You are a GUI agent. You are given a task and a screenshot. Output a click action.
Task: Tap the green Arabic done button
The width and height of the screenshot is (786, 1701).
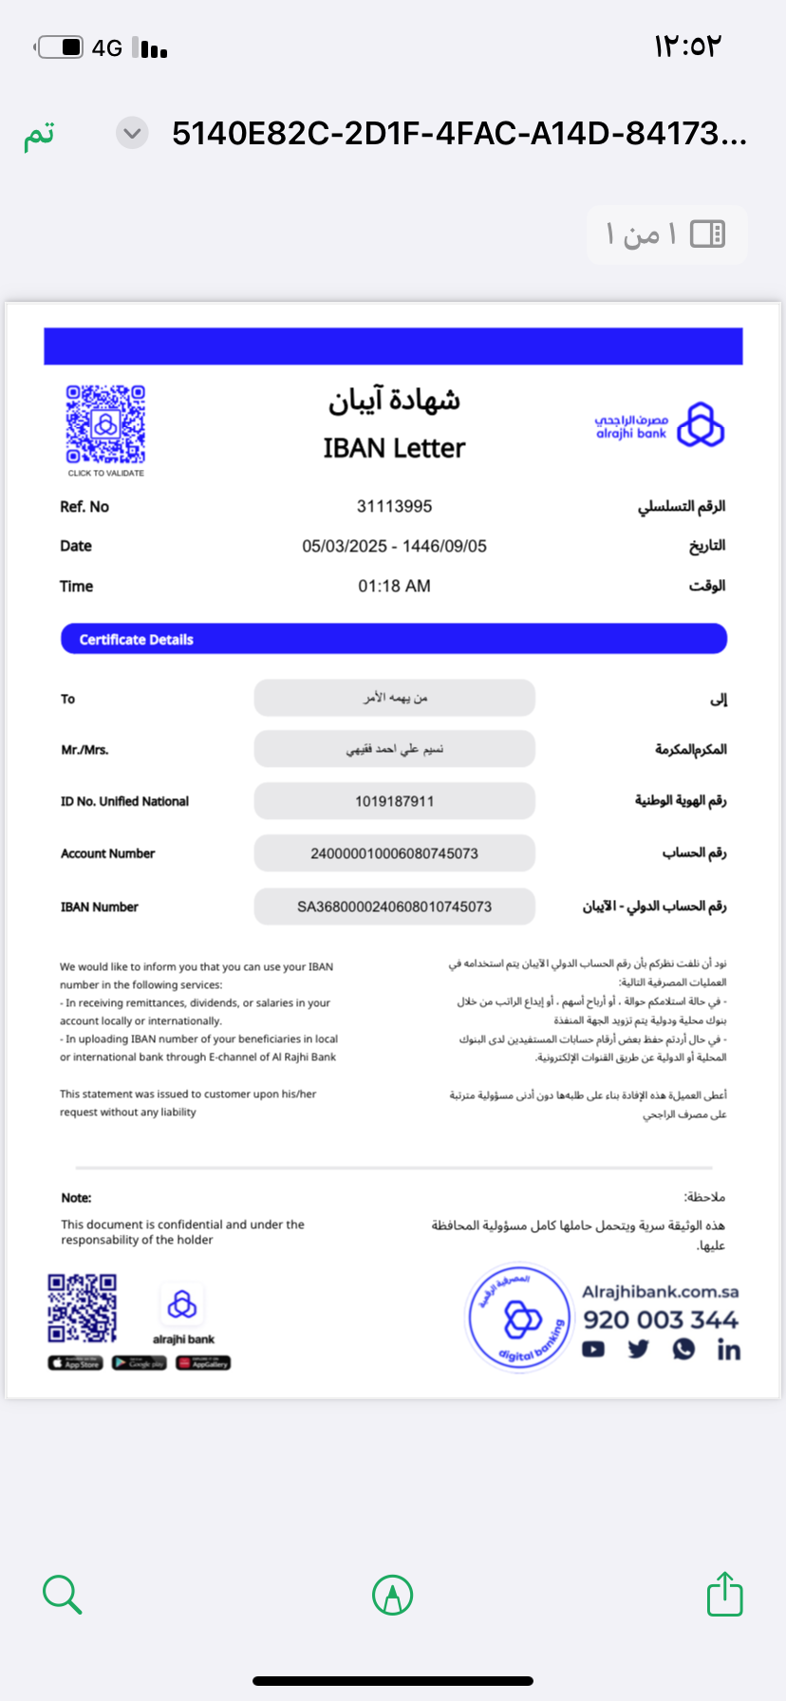point(39,134)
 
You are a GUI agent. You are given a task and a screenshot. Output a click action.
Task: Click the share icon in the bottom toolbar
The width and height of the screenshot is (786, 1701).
point(724,1594)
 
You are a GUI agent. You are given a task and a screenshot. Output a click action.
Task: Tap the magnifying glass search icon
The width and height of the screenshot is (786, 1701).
point(63,1594)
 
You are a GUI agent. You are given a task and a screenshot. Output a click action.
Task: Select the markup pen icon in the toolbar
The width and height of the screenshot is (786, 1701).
point(392,1595)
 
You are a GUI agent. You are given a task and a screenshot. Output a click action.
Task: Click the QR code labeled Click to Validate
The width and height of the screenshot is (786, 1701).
point(105,424)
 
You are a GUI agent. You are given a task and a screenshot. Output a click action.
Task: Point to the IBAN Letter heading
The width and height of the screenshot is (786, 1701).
point(394,448)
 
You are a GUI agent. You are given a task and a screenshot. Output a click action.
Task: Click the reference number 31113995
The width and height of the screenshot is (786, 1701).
point(394,507)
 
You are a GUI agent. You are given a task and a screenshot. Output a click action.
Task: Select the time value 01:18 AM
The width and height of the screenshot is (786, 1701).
point(394,587)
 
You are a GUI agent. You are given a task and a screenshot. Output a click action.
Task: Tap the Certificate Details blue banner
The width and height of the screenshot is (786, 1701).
point(394,639)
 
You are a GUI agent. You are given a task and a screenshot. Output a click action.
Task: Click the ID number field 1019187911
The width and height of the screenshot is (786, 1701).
point(394,801)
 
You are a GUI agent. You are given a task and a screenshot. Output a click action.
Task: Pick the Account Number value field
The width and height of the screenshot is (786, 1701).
point(394,853)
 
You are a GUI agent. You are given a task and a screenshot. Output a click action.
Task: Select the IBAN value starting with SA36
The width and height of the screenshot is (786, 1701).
point(394,907)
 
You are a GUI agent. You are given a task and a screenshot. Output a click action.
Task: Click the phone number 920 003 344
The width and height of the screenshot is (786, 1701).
point(661,1319)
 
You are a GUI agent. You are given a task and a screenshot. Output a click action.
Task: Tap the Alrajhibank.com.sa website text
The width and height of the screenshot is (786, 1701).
point(661,1292)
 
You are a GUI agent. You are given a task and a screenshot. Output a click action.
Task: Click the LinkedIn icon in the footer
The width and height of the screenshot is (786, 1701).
point(728,1350)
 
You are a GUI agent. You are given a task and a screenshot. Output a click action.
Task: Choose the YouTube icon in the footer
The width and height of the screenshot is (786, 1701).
point(593,1350)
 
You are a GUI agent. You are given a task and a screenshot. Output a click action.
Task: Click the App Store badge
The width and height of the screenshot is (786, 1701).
point(74,1363)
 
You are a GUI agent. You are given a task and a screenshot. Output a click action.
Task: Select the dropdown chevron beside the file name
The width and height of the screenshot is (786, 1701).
point(133,134)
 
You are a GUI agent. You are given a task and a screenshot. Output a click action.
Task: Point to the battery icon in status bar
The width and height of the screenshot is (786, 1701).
point(61,47)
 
